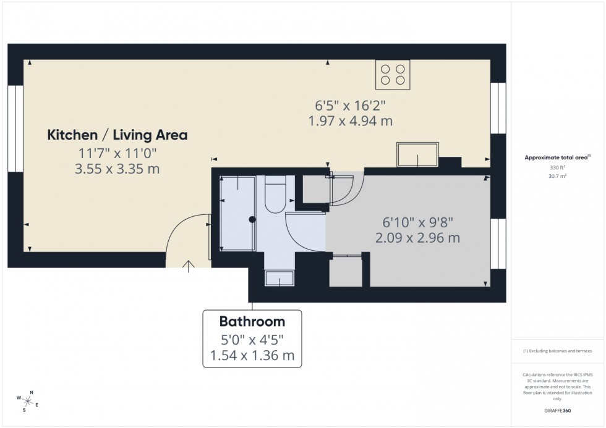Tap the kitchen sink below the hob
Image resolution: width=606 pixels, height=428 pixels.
click(x=417, y=154)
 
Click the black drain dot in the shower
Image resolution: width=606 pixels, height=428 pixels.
click(x=252, y=219)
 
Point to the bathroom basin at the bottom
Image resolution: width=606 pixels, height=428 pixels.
click(x=280, y=279)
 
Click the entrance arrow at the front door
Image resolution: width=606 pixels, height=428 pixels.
click(x=189, y=266)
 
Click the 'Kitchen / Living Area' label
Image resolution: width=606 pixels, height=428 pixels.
click(x=117, y=135)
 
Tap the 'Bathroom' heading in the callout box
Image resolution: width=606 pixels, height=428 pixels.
click(x=252, y=322)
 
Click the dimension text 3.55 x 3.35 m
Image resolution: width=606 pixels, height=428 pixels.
click(x=117, y=169)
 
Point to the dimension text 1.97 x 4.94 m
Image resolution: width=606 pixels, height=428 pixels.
click(x=351, y=121)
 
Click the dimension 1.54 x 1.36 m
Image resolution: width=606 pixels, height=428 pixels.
click(x=252, y=355)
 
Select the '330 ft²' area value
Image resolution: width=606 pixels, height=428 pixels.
click(x=558, y=167)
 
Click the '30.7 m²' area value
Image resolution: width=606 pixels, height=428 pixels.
click(x=558, y=176)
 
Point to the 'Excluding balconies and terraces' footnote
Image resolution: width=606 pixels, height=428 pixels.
click(x=558, y=351)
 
